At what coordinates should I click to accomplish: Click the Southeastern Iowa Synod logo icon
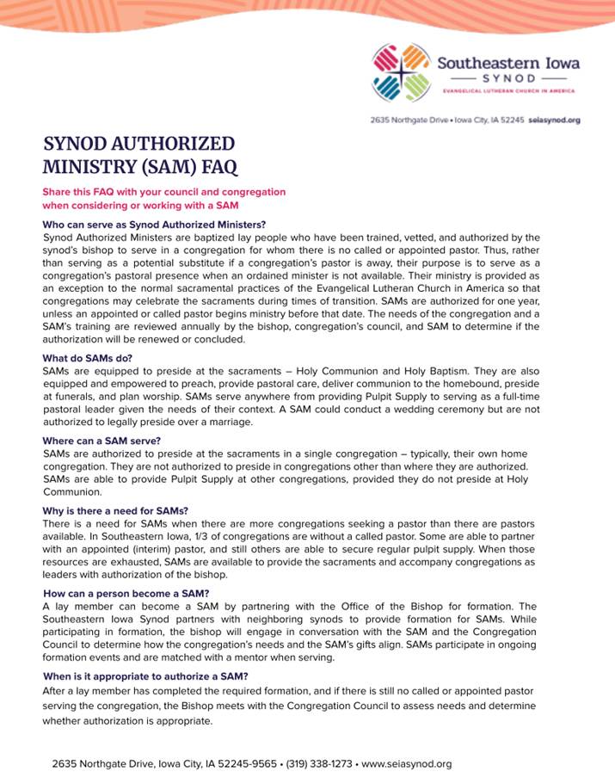coord(400,73)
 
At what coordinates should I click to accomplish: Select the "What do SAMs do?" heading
coord(88,358)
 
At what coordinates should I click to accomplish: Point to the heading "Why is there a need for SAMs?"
coord(115,511)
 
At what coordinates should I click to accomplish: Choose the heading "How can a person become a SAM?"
coord(126,594)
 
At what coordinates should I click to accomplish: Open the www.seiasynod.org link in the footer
coord(409,763)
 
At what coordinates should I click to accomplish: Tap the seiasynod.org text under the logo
coord(554,120)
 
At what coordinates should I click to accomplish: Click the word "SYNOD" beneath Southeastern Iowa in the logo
coord(507,77)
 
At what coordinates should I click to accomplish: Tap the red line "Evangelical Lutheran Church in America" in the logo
coord(508,90)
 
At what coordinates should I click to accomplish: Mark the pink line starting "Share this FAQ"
coord(163,192)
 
